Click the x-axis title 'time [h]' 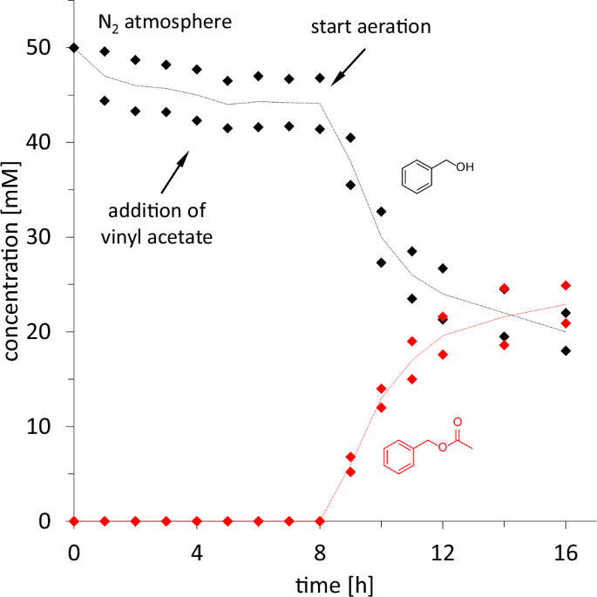click(321, 584)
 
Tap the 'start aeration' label click(371, 26)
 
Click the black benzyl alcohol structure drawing click(436, 171)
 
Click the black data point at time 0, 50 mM click(74, 47)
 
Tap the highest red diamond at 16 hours click(566, 285)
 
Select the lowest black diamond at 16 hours click(566, 350)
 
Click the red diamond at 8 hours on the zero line click(320, 521)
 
